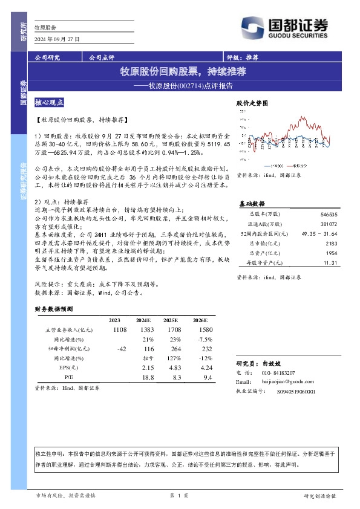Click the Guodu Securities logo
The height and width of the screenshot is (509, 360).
pyautogui.click(x=284, y=27)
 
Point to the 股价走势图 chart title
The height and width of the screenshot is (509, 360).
pyautogui.click(x=251, y=104)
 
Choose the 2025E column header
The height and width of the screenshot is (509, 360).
pyautogui.click(x=171, y=320)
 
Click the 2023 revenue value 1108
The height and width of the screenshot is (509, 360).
pyautogui.click(x=119, y=329)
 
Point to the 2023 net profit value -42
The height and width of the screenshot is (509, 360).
pyautogui.click(x=122, y=349)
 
